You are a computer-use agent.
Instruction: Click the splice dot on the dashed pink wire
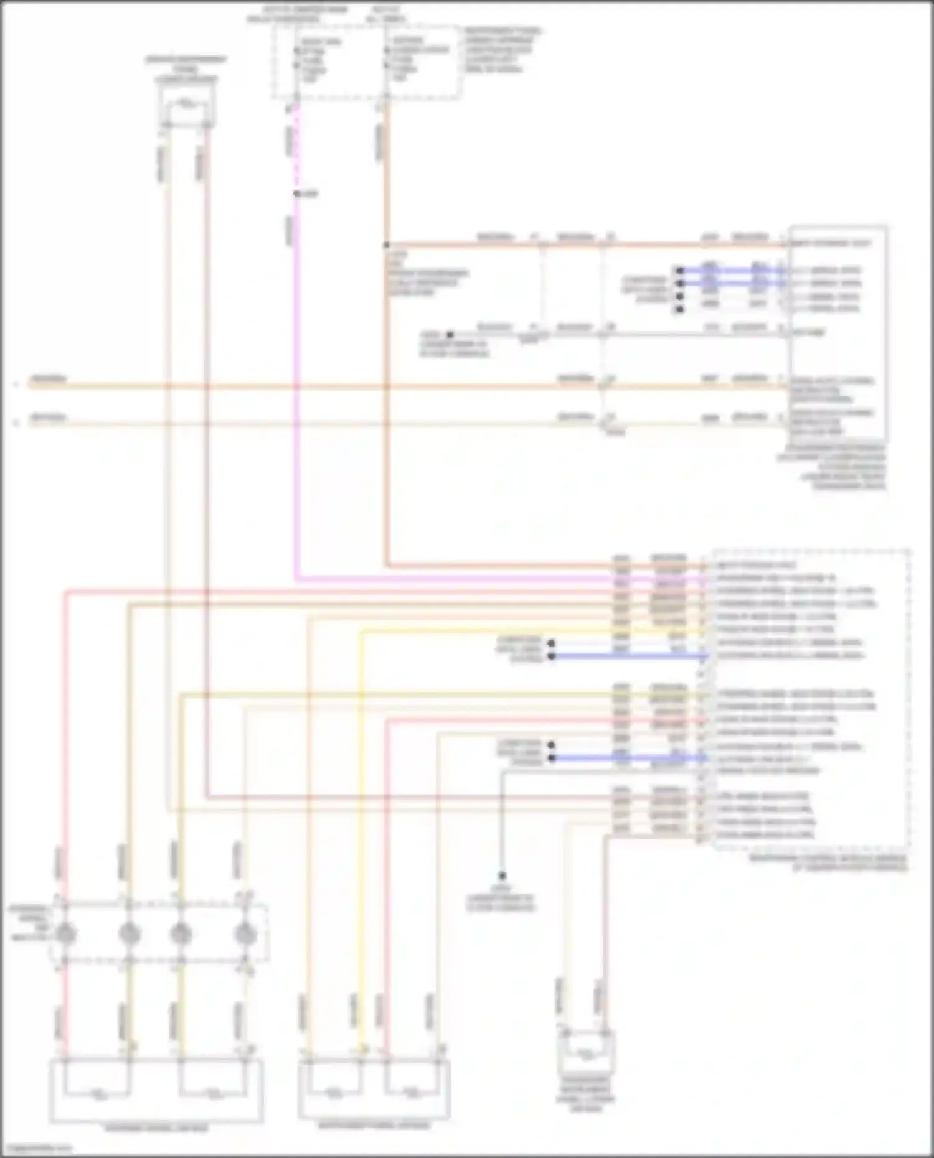(298, 194)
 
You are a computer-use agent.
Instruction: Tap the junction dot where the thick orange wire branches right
(387, 245)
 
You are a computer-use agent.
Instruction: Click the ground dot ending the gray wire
(502, 876)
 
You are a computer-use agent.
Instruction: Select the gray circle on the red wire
(65, 933)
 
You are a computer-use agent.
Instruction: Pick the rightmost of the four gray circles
(245, 933)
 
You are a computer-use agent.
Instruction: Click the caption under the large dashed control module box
(828, 862)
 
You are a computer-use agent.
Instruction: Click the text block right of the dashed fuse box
(502, 50)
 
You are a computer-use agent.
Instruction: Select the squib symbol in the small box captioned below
(585, 1053)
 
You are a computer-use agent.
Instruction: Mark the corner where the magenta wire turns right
(296, 579)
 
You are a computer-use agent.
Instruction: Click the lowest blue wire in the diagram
(629, 759)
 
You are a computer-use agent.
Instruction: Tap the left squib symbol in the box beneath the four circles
(97, 1091)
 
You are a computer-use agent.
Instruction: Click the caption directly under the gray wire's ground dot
(501, 899)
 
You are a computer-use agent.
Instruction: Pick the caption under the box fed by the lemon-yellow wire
(374, 1125)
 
